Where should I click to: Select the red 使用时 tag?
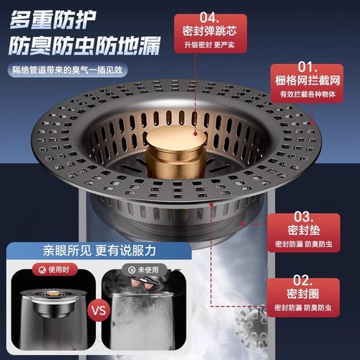45,271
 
